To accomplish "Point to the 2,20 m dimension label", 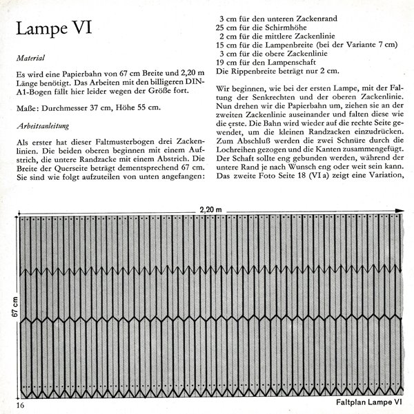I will pos(210,207).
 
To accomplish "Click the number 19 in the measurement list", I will pos(222,61).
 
